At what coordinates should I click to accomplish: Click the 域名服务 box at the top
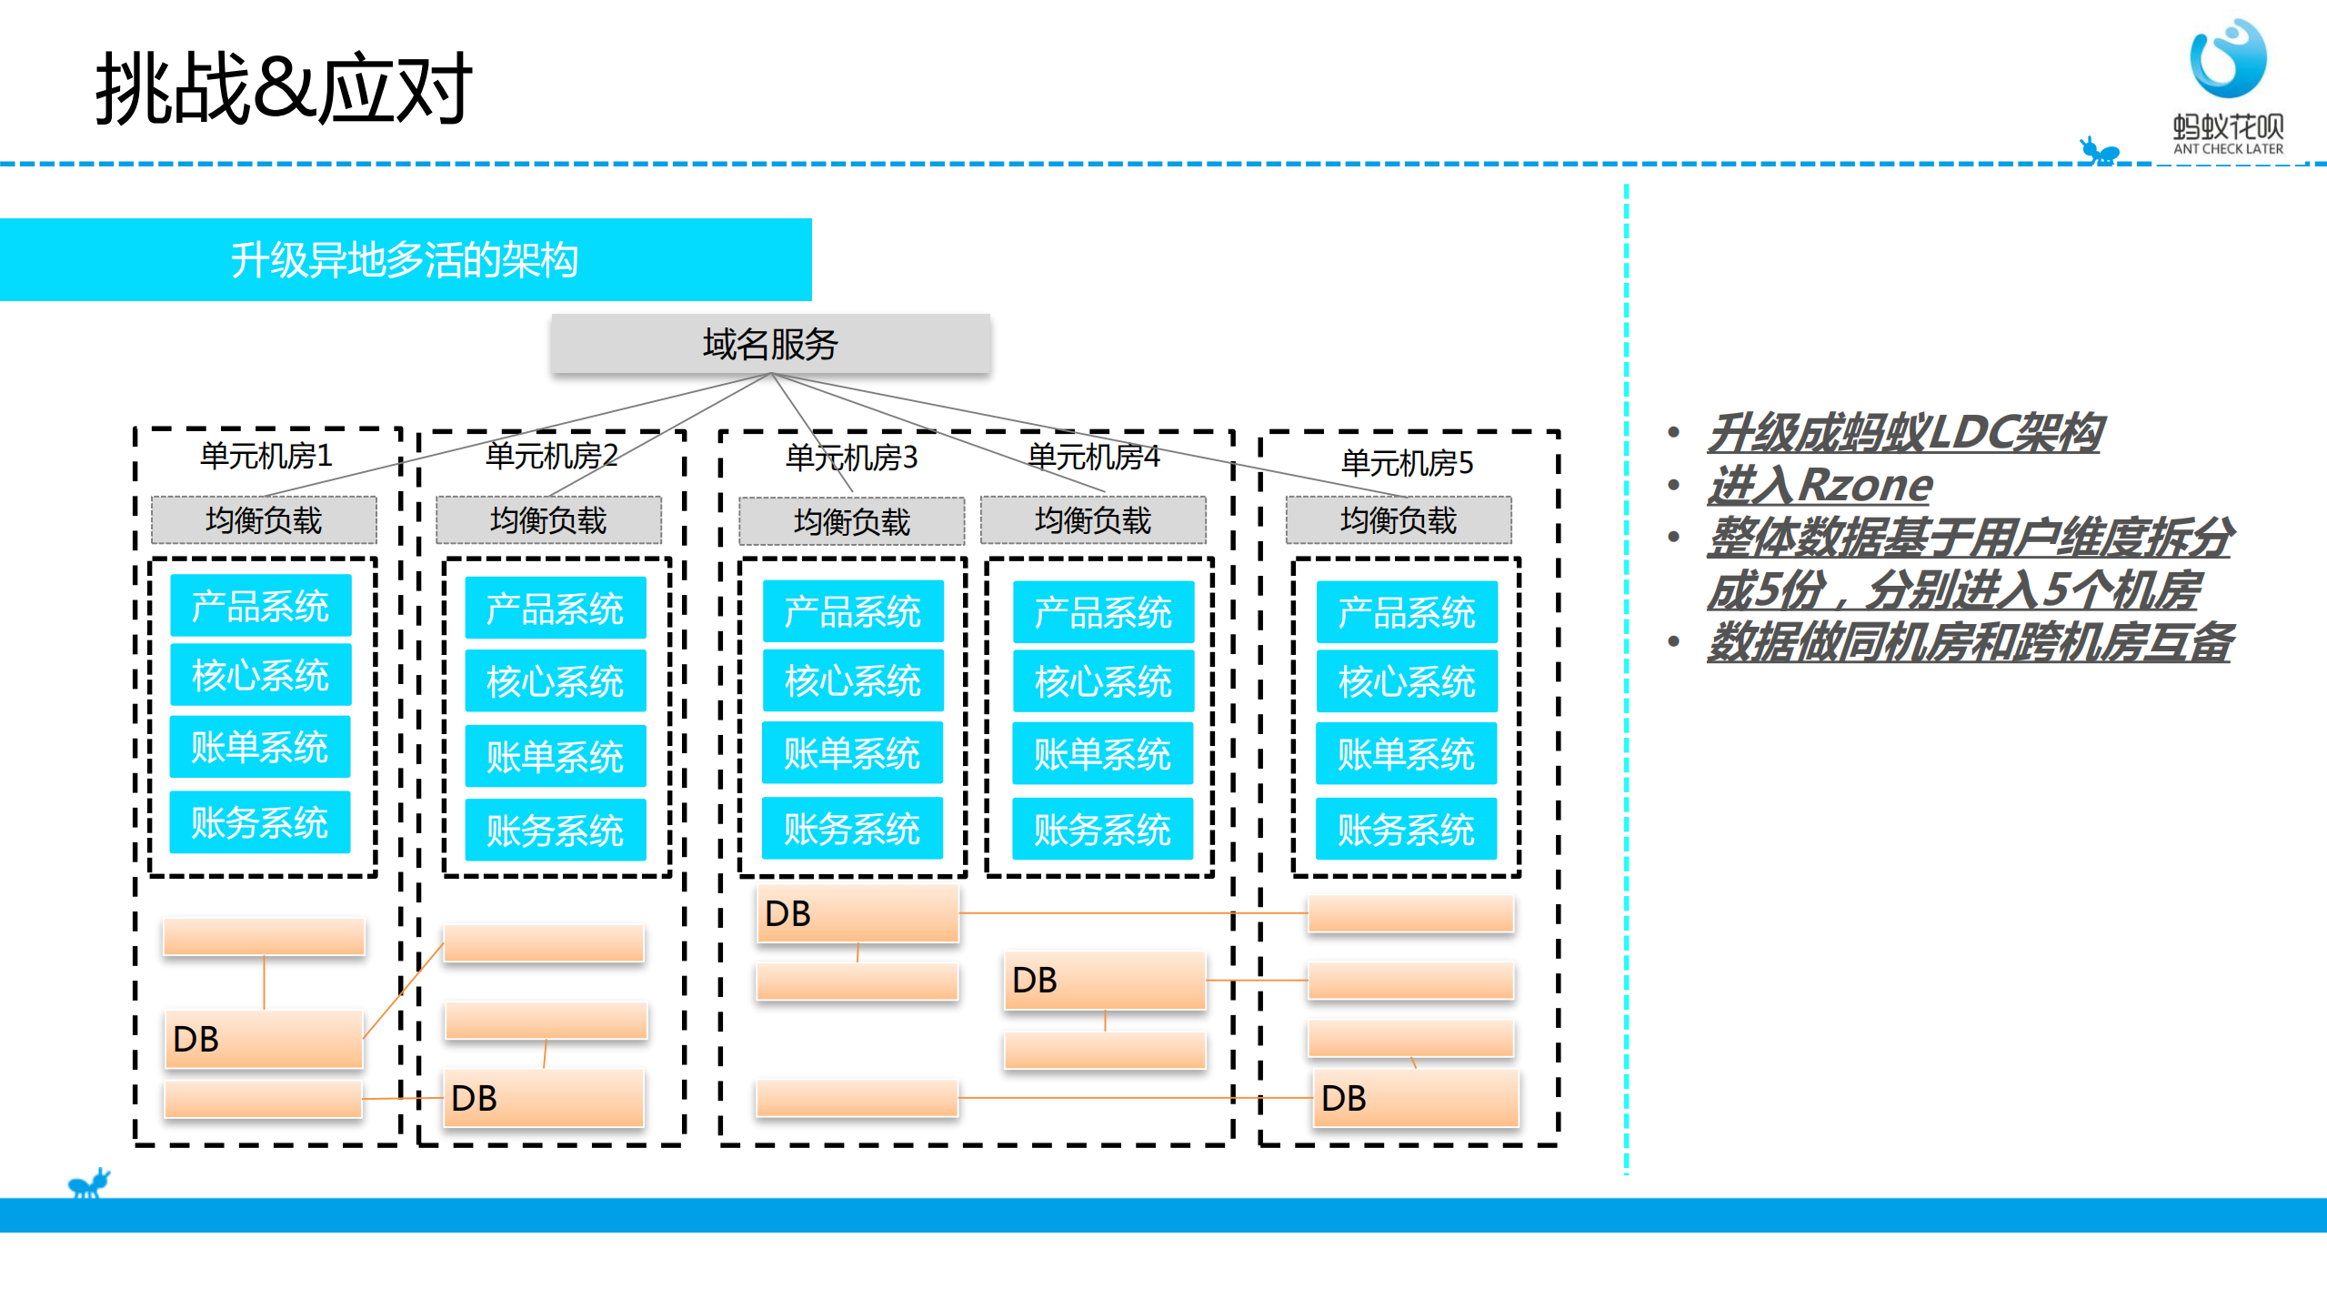click(x=770, y=344)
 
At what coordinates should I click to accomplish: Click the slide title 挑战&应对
click(x=283, y=88)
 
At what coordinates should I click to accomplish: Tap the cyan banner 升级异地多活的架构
click(x=405, y=260)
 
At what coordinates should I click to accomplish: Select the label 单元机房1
click(x=266, y=455)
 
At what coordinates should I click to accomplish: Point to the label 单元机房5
click(x=1407, y=462)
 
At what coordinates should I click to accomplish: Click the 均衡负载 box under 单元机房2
click(x=548, y=520)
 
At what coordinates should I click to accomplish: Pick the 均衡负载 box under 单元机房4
click(x=1093, y=520)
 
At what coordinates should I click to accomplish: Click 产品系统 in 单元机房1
click(x=260, y=606)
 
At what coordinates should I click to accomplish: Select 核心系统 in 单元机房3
click(x=852, y=680)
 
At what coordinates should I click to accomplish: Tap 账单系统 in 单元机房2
click(x=555, y=756)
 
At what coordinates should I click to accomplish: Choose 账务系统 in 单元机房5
click(x=1406, y=830)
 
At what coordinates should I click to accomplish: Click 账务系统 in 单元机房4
click(x=1102, y=830)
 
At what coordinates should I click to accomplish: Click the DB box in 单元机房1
click(x=263, y=1039)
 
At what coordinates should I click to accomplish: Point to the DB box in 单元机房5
click(x=1415, y=1098)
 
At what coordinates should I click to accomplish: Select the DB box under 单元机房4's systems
click(x=1104, y=980)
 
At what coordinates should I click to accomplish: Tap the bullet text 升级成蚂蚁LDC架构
click(x=1905, y=433)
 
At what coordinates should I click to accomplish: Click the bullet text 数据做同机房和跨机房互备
click(x=1970, y=642)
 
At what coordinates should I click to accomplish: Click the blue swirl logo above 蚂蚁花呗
click(x=2228, y=58)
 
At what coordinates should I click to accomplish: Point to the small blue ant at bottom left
click(x=89, y=1183)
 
